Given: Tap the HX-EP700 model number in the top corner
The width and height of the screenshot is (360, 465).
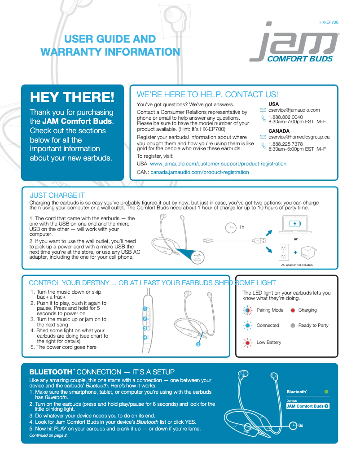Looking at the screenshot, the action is point(329,22).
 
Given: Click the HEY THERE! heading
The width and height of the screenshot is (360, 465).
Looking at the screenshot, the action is point(72,97).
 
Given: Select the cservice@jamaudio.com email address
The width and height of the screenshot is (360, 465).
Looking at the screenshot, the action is point(294,110).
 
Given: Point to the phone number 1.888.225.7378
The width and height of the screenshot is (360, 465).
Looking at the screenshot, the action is point(285,144).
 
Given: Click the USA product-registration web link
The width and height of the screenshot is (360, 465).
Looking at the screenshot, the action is point(218,164).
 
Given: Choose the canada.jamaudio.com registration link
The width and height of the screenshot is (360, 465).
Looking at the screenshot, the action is point(200,172).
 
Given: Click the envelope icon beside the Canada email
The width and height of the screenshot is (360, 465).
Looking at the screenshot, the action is point(263,137).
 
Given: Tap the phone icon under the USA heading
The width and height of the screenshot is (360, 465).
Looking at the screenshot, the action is point(263,119).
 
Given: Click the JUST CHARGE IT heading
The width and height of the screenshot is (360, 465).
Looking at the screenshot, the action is point(57,196).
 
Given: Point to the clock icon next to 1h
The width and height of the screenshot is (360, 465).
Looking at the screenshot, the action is point(231,228).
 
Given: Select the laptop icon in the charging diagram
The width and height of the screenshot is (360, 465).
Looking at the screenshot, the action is point(295,225).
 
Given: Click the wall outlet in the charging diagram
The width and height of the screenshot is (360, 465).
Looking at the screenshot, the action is point(283,252).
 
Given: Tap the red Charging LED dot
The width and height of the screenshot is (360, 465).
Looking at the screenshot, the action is point(293,310).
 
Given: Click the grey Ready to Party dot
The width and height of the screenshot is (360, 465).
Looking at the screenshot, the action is point(293,326).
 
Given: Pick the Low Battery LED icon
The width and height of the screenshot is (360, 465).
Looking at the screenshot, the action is point(247,343).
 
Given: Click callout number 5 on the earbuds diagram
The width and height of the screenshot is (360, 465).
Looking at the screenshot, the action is point(198,344).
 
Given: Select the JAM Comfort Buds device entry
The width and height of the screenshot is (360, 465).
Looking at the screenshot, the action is point(308,406).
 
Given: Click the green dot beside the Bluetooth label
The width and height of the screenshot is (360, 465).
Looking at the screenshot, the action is point(326,392).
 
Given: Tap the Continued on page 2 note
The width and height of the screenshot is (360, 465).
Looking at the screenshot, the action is point(48,435).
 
